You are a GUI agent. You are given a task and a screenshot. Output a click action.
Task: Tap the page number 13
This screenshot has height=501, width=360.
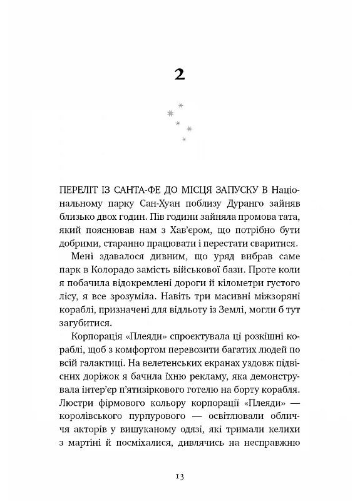click(x=180, y=477)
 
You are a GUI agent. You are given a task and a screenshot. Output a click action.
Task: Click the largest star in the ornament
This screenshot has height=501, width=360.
click(x=169, y=112)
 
